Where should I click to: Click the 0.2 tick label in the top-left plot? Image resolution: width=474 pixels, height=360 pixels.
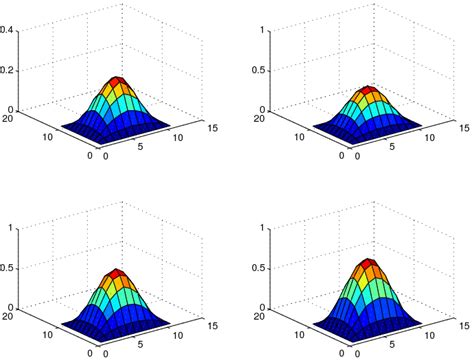[x=7, y=70]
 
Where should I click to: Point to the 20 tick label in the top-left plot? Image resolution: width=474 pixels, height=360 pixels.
[x=8, y=119]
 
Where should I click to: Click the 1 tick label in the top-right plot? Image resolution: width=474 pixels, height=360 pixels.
[x=260, y=30]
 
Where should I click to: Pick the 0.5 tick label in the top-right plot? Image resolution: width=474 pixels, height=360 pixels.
[x=255, y=70]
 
